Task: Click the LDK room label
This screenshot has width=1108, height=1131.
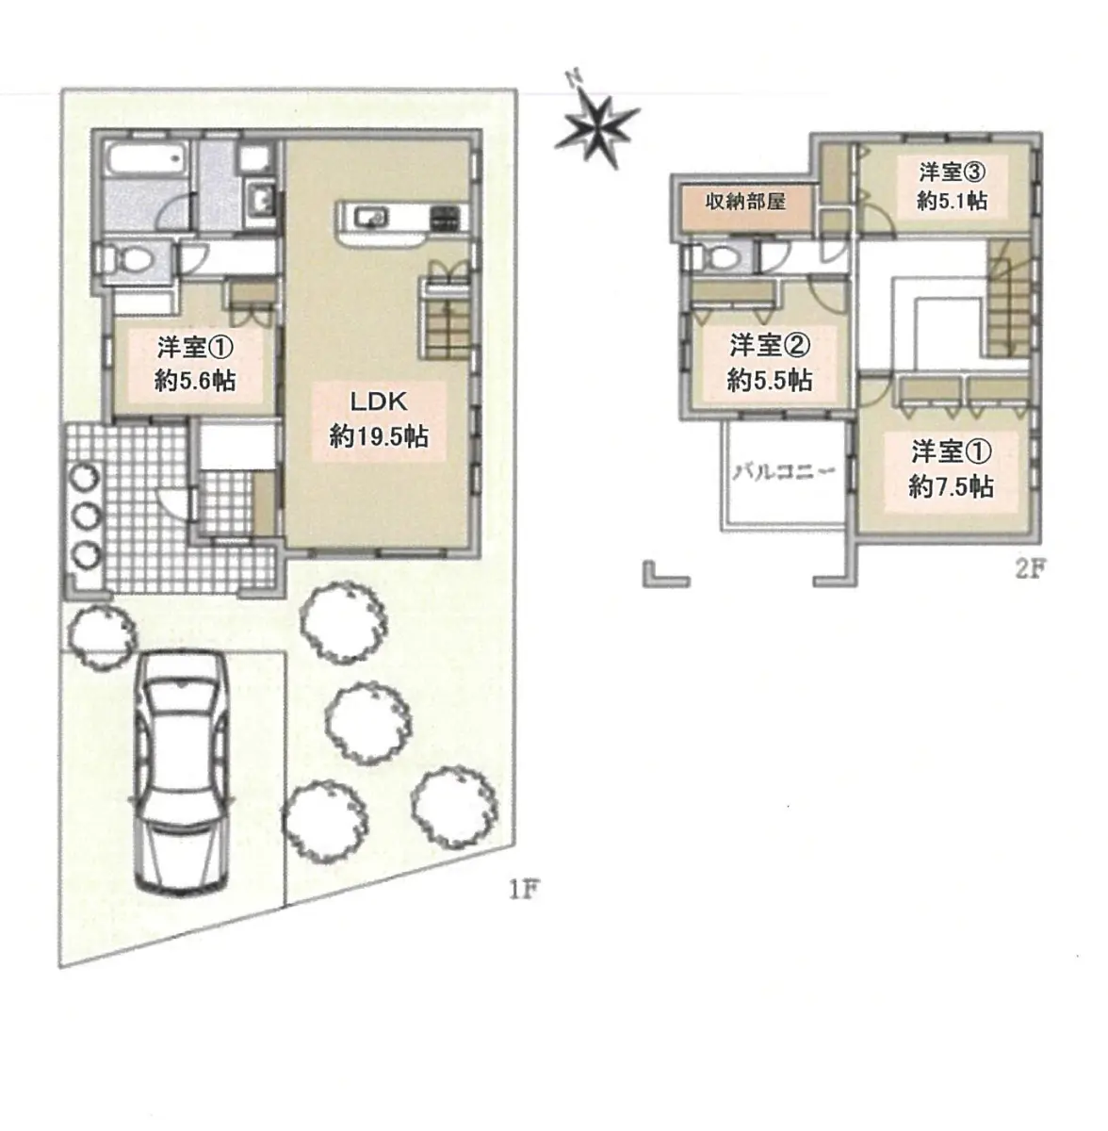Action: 379,402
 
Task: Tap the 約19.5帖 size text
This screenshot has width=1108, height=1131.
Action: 379,436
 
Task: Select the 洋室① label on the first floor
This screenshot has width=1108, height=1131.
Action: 195,348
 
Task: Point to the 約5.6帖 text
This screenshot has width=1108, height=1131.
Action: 195,381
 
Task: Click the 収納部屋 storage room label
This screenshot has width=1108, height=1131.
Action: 744,202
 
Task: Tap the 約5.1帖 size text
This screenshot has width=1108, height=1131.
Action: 952,202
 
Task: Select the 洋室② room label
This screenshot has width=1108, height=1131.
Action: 770,346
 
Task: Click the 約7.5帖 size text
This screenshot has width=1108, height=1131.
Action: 951,486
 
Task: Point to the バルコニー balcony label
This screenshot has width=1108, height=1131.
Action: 784,471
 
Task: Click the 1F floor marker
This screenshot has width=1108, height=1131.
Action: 524,891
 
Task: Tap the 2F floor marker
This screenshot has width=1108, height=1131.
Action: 1031,568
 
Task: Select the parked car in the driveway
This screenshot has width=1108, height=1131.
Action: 181,774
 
